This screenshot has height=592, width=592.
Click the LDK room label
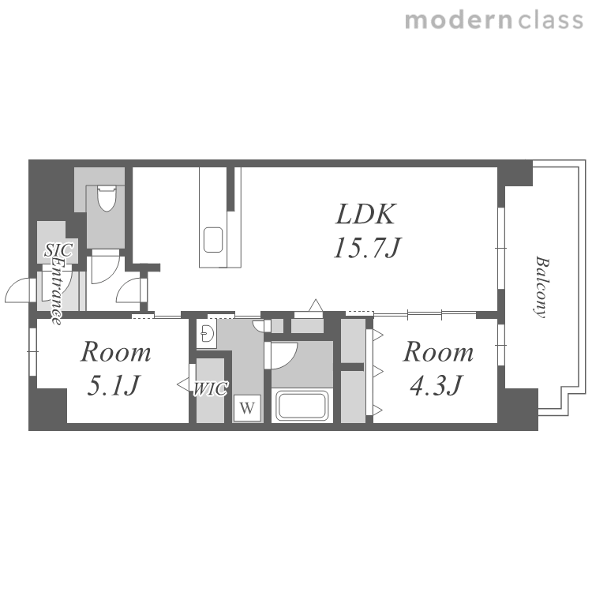365,214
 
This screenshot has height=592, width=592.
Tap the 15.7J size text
367,248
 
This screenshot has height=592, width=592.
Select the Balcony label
541,287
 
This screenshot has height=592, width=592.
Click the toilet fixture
107,197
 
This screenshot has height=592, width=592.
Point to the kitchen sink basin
213,240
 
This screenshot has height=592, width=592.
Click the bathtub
302,406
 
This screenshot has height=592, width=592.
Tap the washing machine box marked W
247,408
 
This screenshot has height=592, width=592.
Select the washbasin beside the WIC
207,334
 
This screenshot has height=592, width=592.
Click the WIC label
210,389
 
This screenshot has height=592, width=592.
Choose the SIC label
59,250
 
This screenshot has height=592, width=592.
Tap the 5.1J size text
114,385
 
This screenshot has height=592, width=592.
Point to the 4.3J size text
436,385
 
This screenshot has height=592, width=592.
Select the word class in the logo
550,21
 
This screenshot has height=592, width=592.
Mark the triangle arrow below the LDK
316,305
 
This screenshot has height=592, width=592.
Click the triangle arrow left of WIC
183,384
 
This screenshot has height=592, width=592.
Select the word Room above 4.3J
438,352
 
